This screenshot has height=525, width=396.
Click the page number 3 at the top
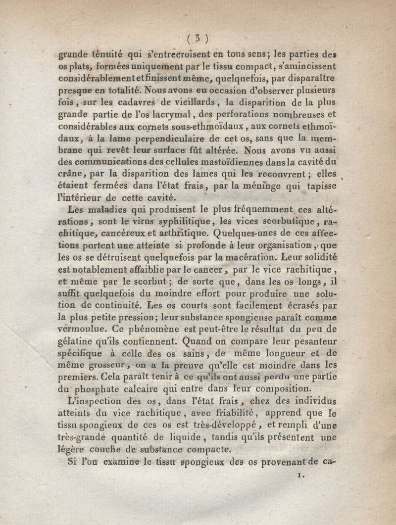point(198,39)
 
